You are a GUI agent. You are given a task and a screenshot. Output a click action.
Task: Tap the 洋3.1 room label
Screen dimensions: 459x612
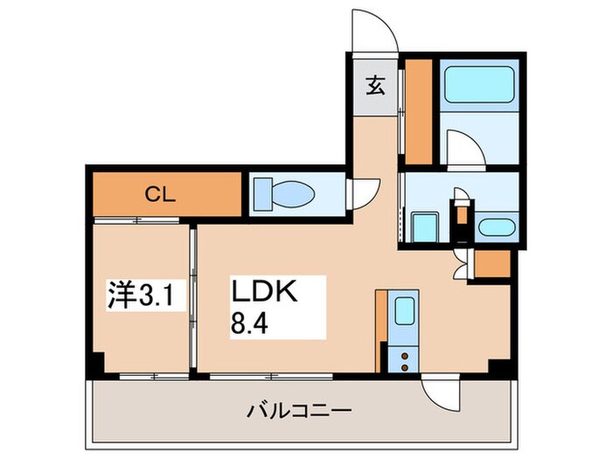coord(144,296)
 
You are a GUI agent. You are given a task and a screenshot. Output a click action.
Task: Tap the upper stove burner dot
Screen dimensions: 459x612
coord(405,351)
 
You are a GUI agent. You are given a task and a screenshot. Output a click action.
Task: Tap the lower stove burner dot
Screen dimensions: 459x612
coord(405,365)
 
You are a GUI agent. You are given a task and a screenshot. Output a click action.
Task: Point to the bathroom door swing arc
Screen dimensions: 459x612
coord(463,147)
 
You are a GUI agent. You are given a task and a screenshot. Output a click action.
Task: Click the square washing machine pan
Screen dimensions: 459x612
coord(425,227)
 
